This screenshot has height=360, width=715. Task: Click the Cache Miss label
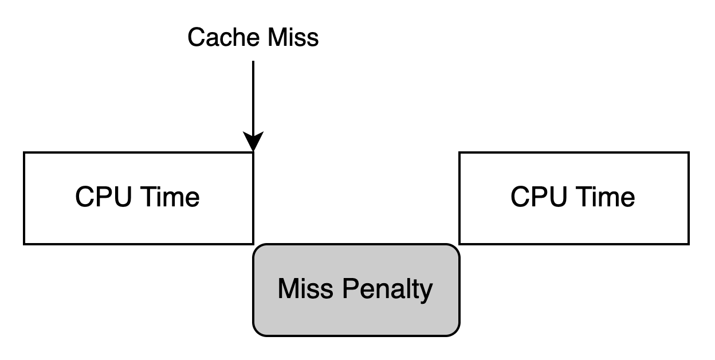tap(253, 38)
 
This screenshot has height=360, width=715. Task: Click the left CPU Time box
tap(138, 198)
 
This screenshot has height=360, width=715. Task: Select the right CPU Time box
tap(573, 198)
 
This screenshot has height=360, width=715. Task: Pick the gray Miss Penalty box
tap(356, 289)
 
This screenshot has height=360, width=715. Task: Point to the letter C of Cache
tap(197, 38)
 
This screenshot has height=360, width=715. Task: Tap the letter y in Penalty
tap(427, 291)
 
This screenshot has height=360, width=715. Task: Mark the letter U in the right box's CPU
tap(555, 197)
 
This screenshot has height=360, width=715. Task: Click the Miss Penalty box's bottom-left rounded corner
tap(258, 330)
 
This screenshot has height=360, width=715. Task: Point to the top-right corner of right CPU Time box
tap(686, 155)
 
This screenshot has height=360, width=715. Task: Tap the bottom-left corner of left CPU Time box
tap(26, 242)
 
